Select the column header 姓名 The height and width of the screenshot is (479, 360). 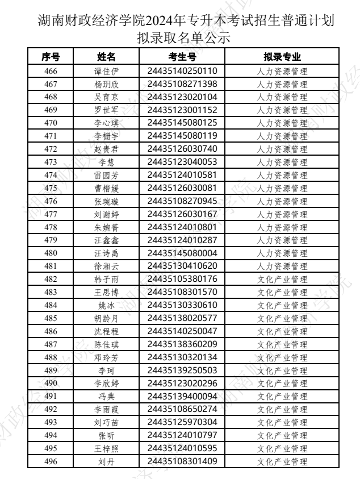106,57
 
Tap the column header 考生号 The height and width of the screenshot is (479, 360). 182,57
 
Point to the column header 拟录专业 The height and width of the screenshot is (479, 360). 282,57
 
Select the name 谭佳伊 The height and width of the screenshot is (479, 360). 106,71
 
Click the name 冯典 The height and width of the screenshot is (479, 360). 106,396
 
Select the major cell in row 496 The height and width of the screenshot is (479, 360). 282,461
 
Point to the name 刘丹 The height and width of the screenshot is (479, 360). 106,461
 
